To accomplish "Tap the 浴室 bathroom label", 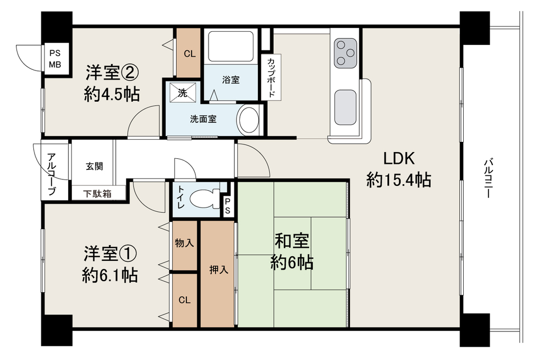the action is (231, 80).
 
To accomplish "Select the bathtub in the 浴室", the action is (231, 47).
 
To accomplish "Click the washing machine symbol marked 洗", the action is (183, 93).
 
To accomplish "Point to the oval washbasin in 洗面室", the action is (249, 119).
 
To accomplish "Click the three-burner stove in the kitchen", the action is (345, 53).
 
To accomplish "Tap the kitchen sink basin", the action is (345, 107).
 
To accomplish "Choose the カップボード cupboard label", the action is (272, 77).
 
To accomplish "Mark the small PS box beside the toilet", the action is (228, 206).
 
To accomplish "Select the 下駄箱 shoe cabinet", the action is (98, 193).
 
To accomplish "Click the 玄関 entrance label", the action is (94, 166).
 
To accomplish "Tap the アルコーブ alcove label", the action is (52, 174).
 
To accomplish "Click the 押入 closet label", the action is (219, 270).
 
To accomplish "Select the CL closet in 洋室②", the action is (189, 53).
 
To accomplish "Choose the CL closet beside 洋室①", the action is (185, 300).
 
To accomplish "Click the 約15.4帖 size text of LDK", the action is (399, 180).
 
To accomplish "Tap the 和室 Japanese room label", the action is (292, 241).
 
